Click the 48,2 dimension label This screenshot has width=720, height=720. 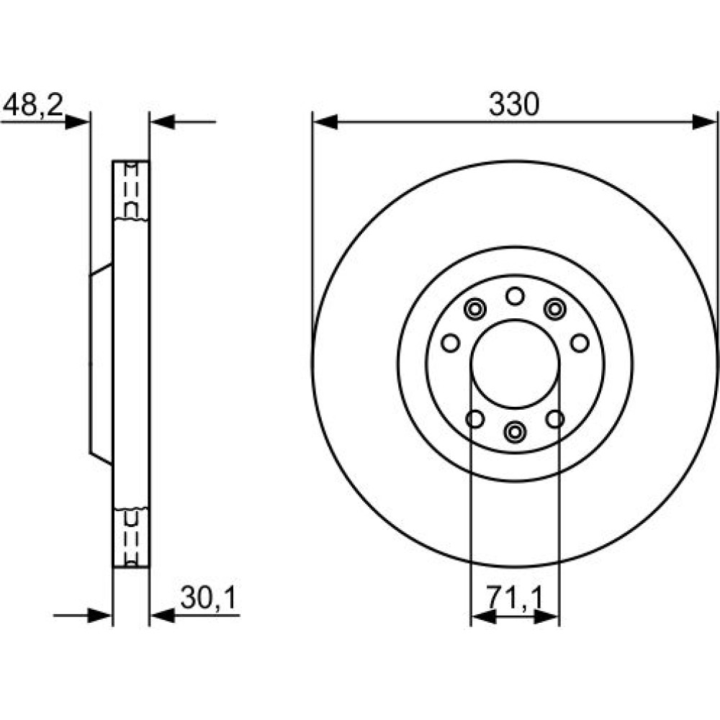click(32, 105)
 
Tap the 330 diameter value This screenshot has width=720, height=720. click(514, 104)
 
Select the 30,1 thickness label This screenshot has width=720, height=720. click(208, 598)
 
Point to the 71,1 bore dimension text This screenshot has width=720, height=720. click(515, 598)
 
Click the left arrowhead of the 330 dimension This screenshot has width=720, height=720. click(325, 122)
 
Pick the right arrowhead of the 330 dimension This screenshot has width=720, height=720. click(704, 122)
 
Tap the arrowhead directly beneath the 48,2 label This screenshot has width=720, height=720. click(77, 122)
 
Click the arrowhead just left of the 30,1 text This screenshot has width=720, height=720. click(163, 616)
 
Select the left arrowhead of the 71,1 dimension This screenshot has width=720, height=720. click(484, 618)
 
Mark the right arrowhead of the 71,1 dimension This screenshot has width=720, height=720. click(547, 618)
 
